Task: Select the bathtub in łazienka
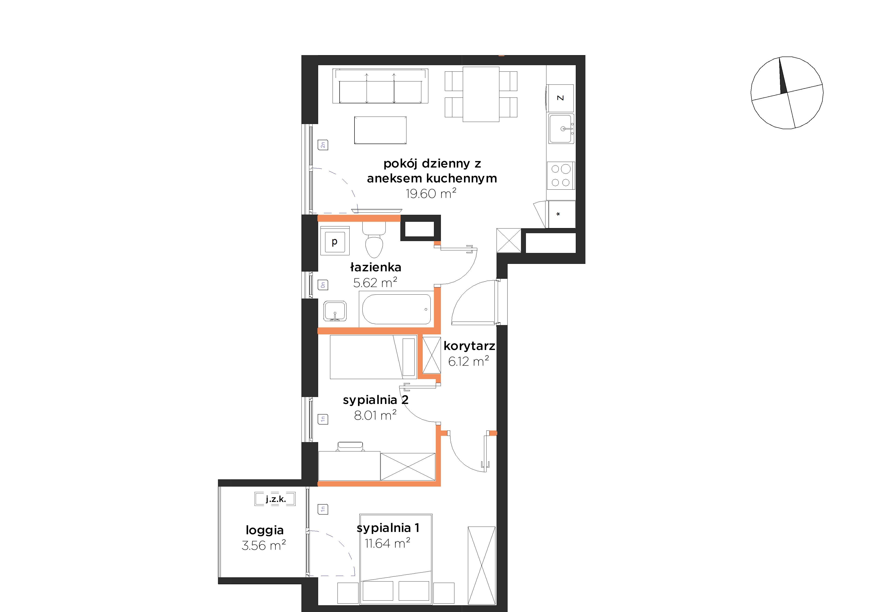pyautogui.click(x=396, y=309)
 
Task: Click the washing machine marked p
pyautogui.click(x=335, y=241)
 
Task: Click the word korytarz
pyautogui.click(x=469, y=346)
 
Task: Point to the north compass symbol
pyautogui.click(x=787, y=93)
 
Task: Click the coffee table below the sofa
pyautogui.click(x=380, y=131)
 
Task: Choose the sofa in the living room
pyautogui.click(x=380, y=86)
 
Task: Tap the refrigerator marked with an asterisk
pyautogui.click(x=562, y=214)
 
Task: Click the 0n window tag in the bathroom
pyautogui.click(x=323, y=285)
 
